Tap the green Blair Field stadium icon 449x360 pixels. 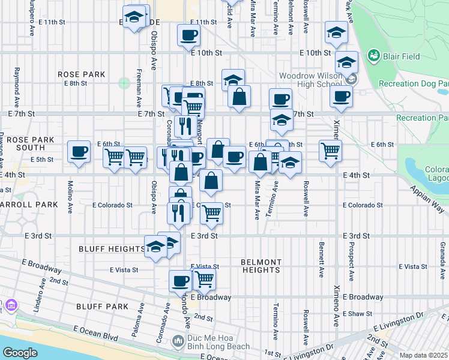pos(375,56)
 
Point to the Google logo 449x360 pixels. pos(20,353)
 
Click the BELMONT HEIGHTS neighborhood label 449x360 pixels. pos(261,266)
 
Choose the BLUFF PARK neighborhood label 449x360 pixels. pos(102,307)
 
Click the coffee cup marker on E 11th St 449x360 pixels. pos(188,35)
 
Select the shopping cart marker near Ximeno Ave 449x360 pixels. pos(330,151)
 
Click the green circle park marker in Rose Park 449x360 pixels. pos(124,83)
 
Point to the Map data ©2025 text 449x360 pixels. pos(423,355)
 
